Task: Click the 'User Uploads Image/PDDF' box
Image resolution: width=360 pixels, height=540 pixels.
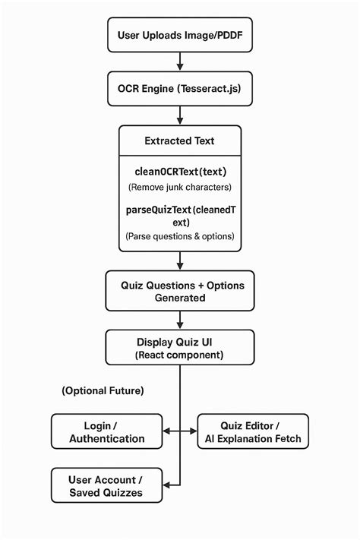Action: tap(180, 35)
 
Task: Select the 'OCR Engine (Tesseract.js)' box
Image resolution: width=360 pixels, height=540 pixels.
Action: tap(180, 89)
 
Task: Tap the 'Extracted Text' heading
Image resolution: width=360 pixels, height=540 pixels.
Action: tap(180, 141)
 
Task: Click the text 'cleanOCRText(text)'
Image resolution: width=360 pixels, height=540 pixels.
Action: tap(180, 172)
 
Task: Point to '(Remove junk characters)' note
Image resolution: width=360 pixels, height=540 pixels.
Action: tap(180, 187)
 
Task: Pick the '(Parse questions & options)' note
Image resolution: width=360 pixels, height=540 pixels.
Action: tap(180, 237)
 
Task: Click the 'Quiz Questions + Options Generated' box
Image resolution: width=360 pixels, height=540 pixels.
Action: tap(180, 292)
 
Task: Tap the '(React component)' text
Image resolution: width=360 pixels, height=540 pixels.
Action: tap(180, 355)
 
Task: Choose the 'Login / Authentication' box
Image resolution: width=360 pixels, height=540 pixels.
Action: tap(107, 431)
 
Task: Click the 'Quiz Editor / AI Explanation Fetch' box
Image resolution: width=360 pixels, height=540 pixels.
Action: tap(253, 431)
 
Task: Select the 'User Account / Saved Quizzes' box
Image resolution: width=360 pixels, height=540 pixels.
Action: tap(107, 485)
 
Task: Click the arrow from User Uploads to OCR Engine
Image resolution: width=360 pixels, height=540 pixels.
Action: tap(180, 62)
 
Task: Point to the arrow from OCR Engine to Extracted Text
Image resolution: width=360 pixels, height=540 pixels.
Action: tap(180, 115)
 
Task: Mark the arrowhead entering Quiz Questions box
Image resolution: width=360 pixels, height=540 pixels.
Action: tap(180, 268)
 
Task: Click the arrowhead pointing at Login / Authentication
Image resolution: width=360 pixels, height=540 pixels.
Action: tap(168, 431)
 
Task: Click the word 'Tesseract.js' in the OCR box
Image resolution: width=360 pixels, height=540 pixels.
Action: tap(210, 89)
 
